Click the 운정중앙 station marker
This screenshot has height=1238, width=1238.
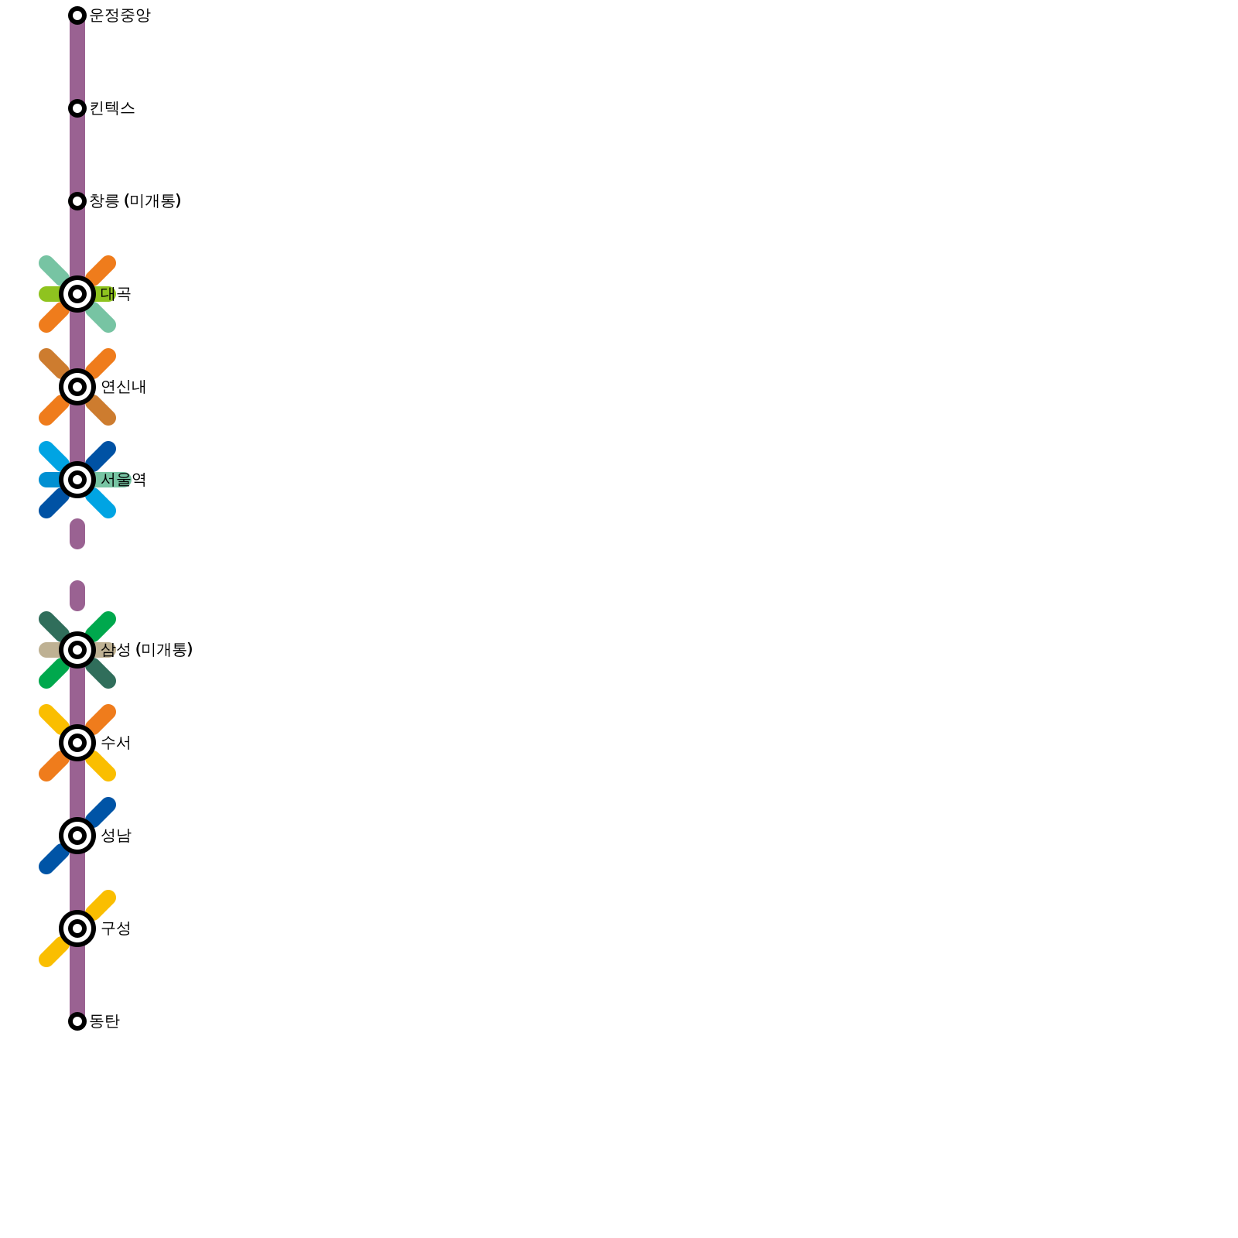(x=77, y=15)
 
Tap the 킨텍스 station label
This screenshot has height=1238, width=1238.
(x=112, y=108)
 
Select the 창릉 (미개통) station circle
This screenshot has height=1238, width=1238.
(x=77, y=201)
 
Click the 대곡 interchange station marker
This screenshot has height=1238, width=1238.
(x=77, y=294)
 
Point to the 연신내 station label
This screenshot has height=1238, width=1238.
(x=123, y=387)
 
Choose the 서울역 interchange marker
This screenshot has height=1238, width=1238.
(x=77, y=480)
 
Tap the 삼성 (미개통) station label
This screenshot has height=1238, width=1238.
(x=146, y=650)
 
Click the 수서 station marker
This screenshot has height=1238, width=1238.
(x=77, y=743)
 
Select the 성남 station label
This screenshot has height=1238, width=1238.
(x=116, y=836)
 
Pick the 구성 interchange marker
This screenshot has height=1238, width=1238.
(x=77, y=929)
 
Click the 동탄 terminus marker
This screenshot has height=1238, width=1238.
(x=77, y=1021)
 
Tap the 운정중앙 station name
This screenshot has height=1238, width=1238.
(x=120, y=15)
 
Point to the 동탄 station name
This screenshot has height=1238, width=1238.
(x=104, y=1021)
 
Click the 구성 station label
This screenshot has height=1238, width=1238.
(x=116, y=929)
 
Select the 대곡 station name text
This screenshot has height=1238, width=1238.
(x=116, y=294)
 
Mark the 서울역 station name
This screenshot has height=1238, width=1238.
(x=123, y=480)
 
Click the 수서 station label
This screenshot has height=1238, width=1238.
(x=116, y=743)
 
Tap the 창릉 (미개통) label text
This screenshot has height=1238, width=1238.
(x=135, y=201)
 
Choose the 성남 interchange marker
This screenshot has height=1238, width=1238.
(x=77, y=836)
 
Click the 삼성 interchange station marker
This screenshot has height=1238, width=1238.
(x=77, y=650)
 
